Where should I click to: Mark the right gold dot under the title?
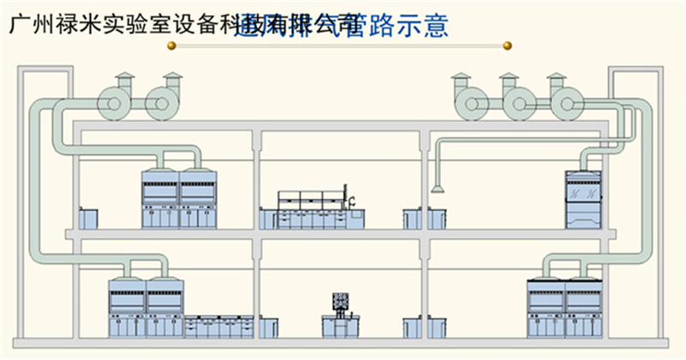[508, 45]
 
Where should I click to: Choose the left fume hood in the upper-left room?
[160, 199]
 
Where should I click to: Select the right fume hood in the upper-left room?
[198, 199]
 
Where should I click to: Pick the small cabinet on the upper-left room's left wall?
[85, 219]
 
